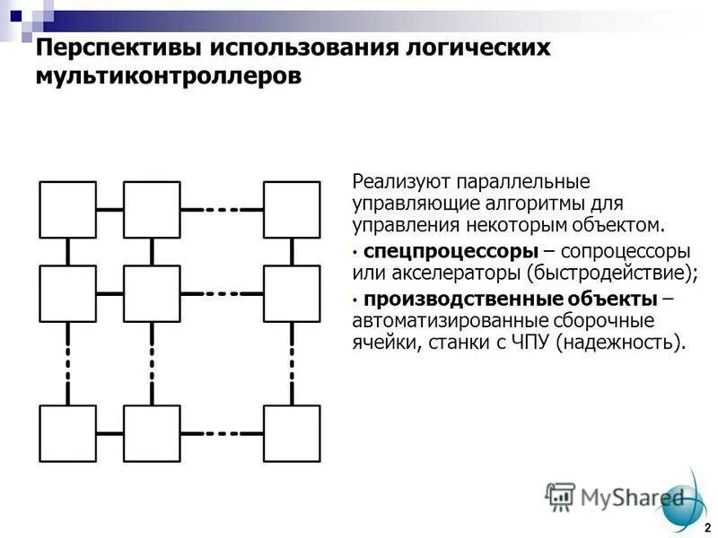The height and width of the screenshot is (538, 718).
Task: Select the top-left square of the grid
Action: [67, 209]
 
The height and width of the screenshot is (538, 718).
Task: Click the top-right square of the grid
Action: [292, 209]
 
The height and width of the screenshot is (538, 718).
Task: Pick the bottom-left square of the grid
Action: [67, 433]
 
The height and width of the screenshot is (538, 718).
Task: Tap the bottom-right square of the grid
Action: [292, 433]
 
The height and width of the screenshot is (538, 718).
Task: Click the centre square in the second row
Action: [152, 293]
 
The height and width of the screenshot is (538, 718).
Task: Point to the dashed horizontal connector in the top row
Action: [222, 209]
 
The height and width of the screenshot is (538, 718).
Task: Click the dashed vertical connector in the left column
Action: [67, 363]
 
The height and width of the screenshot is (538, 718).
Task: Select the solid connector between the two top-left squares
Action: [109, 209]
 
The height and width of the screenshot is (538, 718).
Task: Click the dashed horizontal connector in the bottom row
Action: [222, 433]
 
